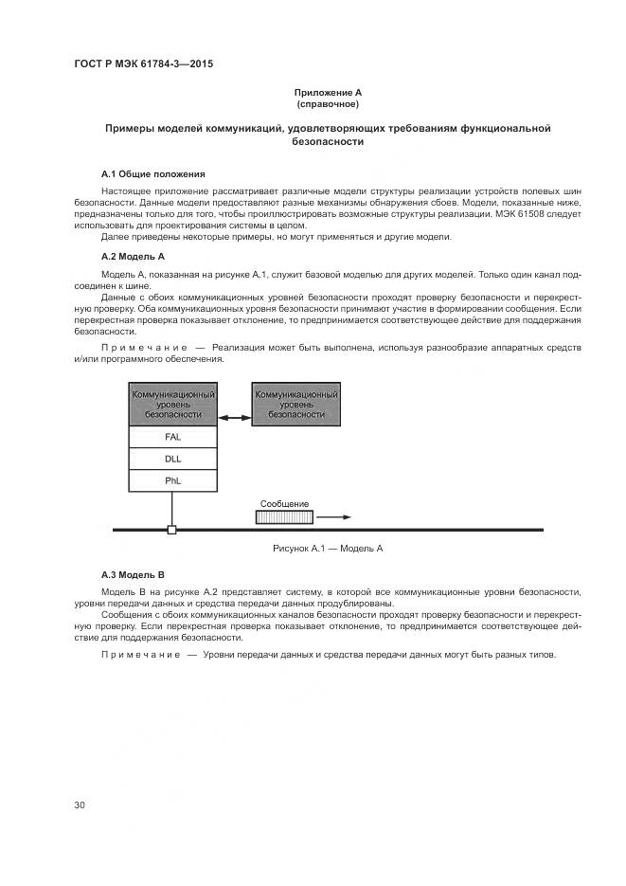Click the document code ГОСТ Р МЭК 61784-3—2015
(x=143, y=64)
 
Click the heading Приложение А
(x=328, y=92)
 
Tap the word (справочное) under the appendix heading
(x=328, y=103)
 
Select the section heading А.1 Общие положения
(x=152, y=174)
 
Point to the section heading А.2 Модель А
(x=133, y=257)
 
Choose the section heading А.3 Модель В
(x=133, y=575)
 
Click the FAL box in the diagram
(x=172, y=437)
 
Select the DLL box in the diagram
(x=172, y=459)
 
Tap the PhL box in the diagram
(x=172, y=480)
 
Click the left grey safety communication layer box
(x=172, y=404)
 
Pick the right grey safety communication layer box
(x=295, y=404)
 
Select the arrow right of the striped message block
(x=334, y=517)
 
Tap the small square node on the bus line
(x=171, y=530)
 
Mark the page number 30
(x=80, y=805)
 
